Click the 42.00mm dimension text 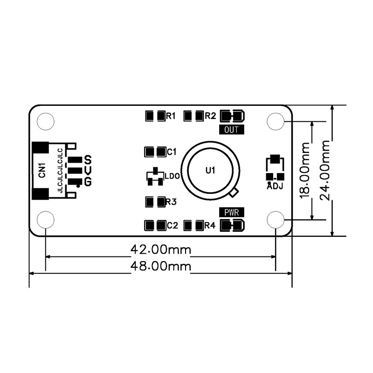pyautogui.click(x=161, y=250)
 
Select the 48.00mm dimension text pyautogui.click(x=161, y=266)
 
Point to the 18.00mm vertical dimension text pyautogui.click(x=305, y=170)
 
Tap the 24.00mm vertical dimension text pyautogui.click(x=325, y=170)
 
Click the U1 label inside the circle pyautogui.click(x=210, y=170)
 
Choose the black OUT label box pyautogui.click(x=231, y=130)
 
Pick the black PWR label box pyautogui.click(x=231, y=212)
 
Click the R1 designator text pyautogui.click(x=171, y=116)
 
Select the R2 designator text pyautogui.click(x=210, y=116)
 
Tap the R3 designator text pyautogui.click(x=171, y=202)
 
